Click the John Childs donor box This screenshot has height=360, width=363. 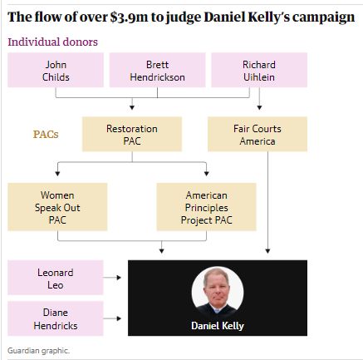click(x=56, y=70)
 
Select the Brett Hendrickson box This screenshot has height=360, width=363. click(x=157, y=70)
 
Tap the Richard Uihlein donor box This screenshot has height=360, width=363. click(x=259, y=70)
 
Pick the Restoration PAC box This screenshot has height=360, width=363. click(x=132, y=134)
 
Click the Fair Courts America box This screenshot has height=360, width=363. click(x=258, y=134)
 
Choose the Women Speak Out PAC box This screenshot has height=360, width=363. click(x=57, y=207)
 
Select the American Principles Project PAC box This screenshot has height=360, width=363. click(x=206, y=207)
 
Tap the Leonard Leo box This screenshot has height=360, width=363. click(x=56, y=278)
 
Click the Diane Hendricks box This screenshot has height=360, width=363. click(x=56, y=318)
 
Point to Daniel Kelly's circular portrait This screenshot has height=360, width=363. click(x=218, y=293)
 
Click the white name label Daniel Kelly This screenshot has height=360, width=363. click(x=218, y=326)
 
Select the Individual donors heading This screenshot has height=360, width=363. click(x=52, y=42)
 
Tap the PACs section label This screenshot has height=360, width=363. click(x=46, y=135)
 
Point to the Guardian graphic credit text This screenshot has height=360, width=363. click(x=38, y=351)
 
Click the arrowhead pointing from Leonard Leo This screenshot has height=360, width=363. click(x=119, y=278)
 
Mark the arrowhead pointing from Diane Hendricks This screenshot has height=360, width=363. click(x=119, y=318)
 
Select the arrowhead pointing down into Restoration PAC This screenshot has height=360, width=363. click(x=132, y=107)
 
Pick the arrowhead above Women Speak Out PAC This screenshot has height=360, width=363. click(x=57, y=174)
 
